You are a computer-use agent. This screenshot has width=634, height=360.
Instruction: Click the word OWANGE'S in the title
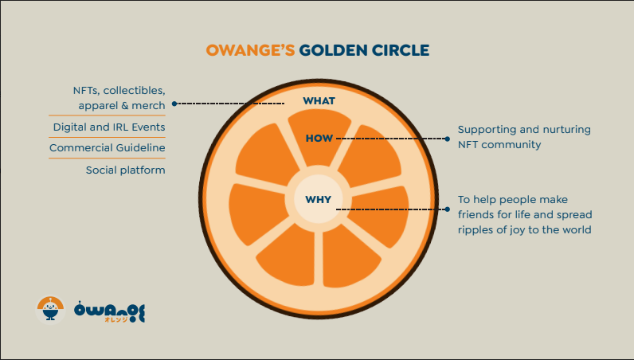click(250, 50)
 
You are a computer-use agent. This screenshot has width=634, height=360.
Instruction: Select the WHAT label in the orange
click(319, 101)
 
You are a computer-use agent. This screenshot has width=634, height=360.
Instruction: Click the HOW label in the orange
click(319, 139)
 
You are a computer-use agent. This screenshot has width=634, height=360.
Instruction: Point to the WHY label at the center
click(319, 199)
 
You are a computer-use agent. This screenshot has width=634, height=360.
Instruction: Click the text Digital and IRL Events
click(109, 127)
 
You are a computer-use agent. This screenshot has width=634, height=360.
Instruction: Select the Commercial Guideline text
click(107, 148)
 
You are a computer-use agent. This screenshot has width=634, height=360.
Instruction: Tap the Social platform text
click(125, 170)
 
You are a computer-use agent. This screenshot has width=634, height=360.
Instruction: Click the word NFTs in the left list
click(84, 91)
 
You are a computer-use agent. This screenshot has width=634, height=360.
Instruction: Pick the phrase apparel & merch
click(121, 105)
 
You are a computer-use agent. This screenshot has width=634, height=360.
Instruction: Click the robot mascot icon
click(49, 308)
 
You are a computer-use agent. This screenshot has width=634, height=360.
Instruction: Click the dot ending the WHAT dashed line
click(174, 104)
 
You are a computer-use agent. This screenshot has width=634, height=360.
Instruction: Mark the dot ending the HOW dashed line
click(447, 139)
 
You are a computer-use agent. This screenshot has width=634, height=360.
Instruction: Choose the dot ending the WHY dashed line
click(447, 209)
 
